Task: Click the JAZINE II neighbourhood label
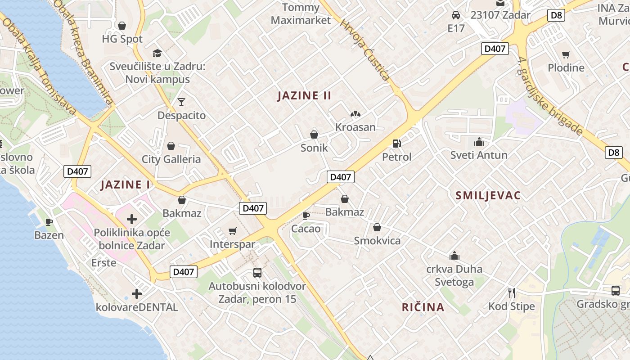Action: click(304, 95)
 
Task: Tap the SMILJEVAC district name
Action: click(488, 195)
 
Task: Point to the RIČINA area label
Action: click(423, 307)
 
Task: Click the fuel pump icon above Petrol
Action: click(396, 144)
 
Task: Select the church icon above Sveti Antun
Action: click(479, 142)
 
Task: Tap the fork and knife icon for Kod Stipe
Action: click(511, 293)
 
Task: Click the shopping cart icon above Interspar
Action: click(232, 231)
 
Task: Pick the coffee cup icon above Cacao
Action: click(306, 216)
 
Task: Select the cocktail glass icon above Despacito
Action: click(181, 102)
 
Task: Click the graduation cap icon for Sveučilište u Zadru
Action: click(157, 53)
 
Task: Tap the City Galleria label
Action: click(171, 159)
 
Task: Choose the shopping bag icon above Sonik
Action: click(314, 135)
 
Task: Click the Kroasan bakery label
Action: click(355, 127)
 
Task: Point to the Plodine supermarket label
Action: click(566, 68)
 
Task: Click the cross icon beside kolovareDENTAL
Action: click(137, 294)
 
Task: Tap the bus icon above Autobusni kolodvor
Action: click(257, 273)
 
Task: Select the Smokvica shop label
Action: click(377, 240)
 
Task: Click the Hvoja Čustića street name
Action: click(365, 49)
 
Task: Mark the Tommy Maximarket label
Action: click(301, 14)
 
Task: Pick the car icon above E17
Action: click(455, 15)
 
